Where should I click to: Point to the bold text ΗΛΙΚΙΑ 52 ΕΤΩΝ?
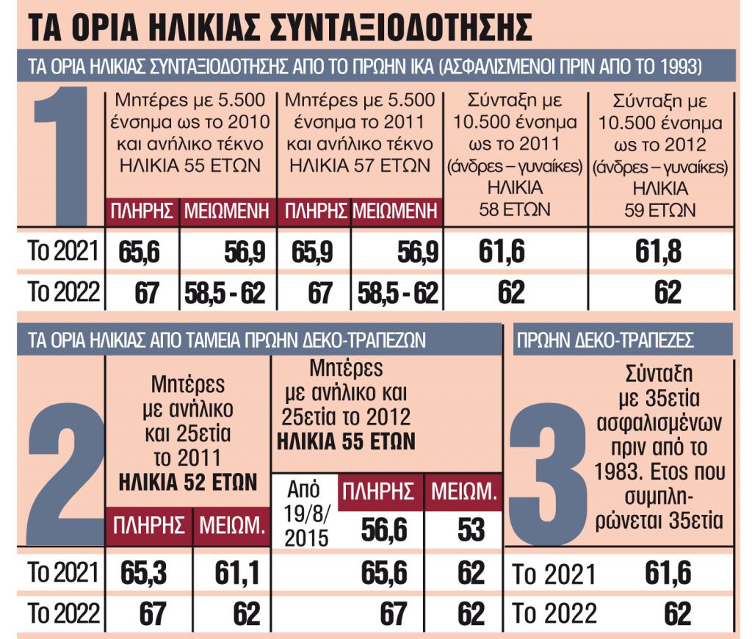188,483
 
